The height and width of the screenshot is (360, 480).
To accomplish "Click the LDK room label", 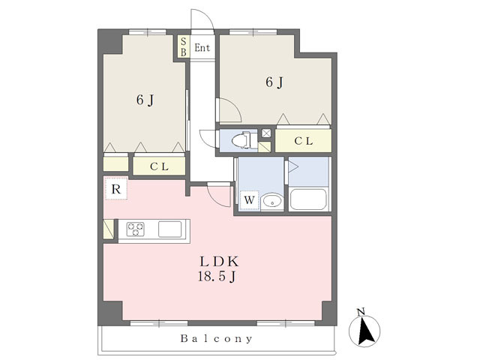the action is pyautogui.click(x=219, y=262).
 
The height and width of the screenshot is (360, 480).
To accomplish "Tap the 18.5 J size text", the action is pyautogui.click(x=217, y=277).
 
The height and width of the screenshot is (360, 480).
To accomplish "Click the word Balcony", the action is pyautogui.click(x=217, y=338).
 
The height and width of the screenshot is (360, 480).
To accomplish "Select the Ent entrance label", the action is pyautogui.click(x=202, y=48).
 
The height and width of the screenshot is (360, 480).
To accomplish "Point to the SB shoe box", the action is pyautogui.click(x=183, y=46).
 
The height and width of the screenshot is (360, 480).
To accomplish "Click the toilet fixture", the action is pyautogui.click(x=241, y=140).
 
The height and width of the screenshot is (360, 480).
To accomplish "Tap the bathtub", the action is pyautogui.click(x=308, y=199).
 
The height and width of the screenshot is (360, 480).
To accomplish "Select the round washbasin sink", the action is pyautogui.click(x=272, y=202).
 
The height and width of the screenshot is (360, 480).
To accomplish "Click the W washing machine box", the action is pyautogui.click(x=250, y=200).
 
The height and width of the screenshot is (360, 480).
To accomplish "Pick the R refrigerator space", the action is pyautogui.click(x=116, y=188).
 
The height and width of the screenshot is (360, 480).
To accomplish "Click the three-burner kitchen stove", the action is pyautogui.click(x=136, y=229).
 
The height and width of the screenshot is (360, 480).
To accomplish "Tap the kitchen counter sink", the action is pyautogui.click(x=170, y=229).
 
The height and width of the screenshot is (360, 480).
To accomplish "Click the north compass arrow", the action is pyautogui.click(x=364, y=331).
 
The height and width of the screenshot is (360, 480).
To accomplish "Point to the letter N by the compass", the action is pyautogui.click(x=361, y=312).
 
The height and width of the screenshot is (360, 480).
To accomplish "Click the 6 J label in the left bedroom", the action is pyautogui.click(x=145, y=100).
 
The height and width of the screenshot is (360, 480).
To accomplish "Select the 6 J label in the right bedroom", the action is pyautogui.click(x=274, y=82).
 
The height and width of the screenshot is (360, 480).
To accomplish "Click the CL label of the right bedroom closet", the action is pyautogui.click(x=303, y=141).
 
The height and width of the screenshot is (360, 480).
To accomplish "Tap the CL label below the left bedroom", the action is pyautogui.click(x=159, y=166).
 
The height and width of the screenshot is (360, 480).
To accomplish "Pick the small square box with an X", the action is pyautogui.click(x=266, y=133).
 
